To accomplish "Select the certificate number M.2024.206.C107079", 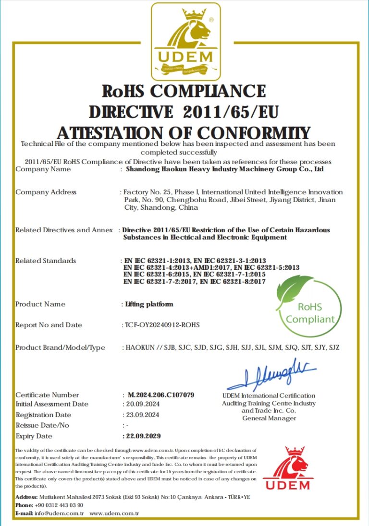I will (x=161, y=395).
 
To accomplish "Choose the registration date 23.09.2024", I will (x=142, y=415).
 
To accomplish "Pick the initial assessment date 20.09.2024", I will (x=142, y=404).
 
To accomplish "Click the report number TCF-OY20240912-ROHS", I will (x=162, y=325).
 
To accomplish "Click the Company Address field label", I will (x=46, y=192).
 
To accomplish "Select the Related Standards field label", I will (x=46, y=261).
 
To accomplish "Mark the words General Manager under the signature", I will (x=269, y=418).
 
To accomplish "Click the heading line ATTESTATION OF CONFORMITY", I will (x=184, y=132).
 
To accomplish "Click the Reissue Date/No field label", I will (x=42, y=425).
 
